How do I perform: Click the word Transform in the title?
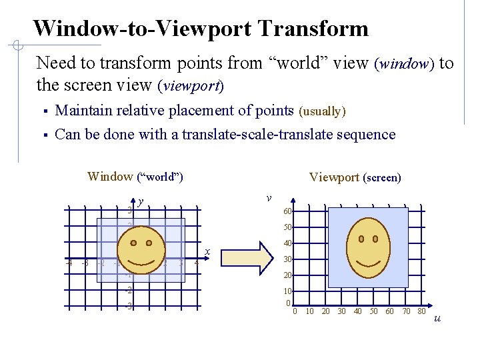[312, 29]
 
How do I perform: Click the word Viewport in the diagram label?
[334, 177]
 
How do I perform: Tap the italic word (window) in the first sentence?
[405, 64]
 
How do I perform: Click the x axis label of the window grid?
[208, 251]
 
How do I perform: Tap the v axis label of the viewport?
[268, 198]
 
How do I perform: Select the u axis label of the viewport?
[437, 318]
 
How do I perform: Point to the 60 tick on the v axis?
[287, 212]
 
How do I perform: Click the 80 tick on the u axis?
[421, 311]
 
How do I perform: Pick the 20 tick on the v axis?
[287, 275]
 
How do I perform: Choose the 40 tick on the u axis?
[357, 311]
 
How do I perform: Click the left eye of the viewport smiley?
[361, 238]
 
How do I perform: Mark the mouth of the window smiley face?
[142, 258]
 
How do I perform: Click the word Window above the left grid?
[110, 177]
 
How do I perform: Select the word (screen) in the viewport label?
[382, 178]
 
